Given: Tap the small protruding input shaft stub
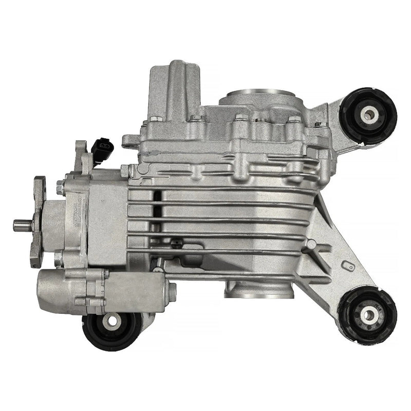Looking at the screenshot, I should (22, 224).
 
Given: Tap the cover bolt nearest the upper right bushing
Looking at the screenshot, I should (319, 124).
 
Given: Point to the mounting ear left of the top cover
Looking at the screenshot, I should (131, 139).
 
